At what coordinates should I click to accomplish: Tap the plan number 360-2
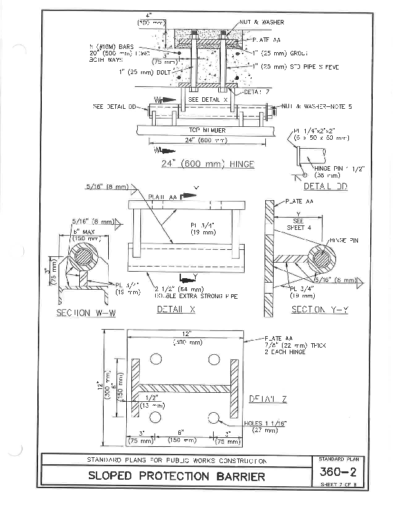(342, 472)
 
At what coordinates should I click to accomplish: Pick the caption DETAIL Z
(268, 399)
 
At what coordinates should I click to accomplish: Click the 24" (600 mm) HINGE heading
(207, 164)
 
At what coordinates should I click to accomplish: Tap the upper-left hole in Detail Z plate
(155, 359)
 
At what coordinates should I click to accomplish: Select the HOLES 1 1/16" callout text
(264, 422)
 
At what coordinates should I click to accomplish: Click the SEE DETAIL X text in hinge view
(208, 100)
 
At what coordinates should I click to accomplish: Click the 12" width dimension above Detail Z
(187, 334)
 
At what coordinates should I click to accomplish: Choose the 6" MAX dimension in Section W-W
(84, 230)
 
